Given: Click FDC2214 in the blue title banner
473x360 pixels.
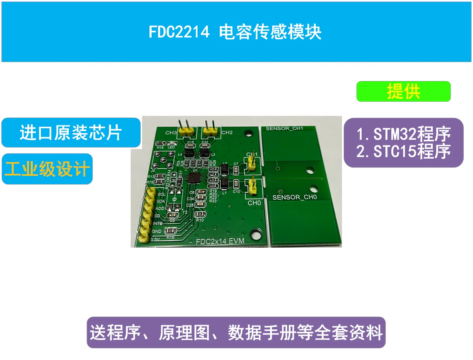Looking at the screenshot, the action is [179, 32].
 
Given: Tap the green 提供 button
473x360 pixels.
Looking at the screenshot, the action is [403, 91].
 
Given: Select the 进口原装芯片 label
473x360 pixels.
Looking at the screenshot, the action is [71, 133].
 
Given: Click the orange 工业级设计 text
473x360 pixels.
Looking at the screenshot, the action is [47, 169].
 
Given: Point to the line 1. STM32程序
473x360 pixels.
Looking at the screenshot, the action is [403, 134].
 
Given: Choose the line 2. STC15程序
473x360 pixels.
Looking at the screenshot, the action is [403, 151].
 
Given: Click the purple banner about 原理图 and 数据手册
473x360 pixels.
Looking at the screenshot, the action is [236, 332].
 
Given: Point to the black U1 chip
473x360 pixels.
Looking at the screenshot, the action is [194, 178].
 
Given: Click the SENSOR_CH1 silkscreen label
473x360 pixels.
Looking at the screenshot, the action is [284, 129].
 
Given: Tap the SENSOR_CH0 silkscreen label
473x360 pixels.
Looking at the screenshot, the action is [294, 197].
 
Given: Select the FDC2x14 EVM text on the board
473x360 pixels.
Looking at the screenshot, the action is [220, 241].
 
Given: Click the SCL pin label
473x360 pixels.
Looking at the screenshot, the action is [161, 194].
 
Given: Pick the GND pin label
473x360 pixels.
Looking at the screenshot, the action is [157, 231].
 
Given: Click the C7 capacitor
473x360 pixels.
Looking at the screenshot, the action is [236, 170].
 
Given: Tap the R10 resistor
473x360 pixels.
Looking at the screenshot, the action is [200, 214].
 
